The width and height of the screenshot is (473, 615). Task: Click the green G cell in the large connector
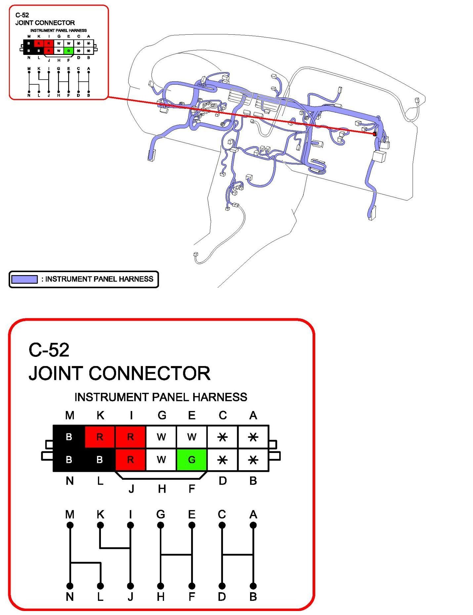pos(192,460)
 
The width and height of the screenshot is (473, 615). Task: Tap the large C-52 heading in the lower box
pos(49,350)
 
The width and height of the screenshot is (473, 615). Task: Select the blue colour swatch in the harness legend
pos(24,279)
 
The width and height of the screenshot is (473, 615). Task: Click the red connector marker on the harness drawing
pos(374,134)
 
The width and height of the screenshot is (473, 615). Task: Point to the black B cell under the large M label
pos(69,437)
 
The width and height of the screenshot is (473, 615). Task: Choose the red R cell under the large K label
pos(100,437)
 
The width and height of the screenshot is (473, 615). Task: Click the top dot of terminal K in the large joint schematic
pos(100,525)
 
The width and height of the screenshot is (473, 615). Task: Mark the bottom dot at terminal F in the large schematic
pos(192,586)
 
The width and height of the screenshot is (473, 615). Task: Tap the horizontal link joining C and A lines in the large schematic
pos(237,555)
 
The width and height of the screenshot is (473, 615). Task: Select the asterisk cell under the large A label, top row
pos(253,437)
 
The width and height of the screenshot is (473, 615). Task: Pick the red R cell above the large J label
pos(130,460)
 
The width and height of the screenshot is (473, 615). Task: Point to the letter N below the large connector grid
pos(69,481)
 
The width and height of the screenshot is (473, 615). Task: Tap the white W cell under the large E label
pos(192,437)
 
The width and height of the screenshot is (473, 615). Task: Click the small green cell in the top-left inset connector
pos(68,51)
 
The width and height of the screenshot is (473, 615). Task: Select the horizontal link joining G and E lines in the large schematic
pos(176,555)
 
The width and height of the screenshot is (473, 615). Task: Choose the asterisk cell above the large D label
pos(222,460)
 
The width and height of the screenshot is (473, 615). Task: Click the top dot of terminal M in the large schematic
pos(70,525)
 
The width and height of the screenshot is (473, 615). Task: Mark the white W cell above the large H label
pos(161,460)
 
